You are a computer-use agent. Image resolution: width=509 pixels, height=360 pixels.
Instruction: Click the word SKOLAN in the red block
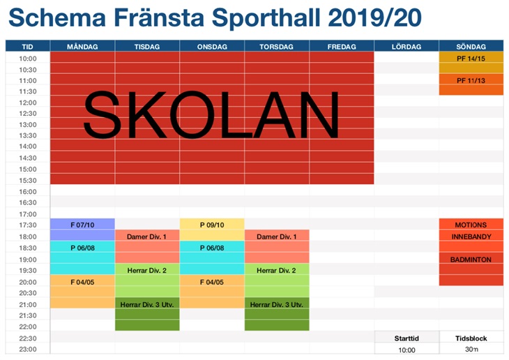pos(211,114)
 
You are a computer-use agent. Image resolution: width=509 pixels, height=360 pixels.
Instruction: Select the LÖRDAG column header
pos(407,47)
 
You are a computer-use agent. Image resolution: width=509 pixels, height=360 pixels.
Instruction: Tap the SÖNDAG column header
pos(471,47)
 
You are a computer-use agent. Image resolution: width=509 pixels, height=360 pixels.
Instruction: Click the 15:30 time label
pos(28,180)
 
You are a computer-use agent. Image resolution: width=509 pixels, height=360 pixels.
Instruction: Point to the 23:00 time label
pos(28,350)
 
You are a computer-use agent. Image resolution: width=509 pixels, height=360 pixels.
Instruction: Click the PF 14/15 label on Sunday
pos(471,59)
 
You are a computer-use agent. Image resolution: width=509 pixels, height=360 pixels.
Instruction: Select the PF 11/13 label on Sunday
pos(471,80)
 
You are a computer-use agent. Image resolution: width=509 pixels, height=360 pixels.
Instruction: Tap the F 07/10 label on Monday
pos(82,225)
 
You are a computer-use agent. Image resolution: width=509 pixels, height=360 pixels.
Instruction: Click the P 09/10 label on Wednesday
pos(212,225)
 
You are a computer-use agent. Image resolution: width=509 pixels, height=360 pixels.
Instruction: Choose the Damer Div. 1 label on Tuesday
pos(146,237)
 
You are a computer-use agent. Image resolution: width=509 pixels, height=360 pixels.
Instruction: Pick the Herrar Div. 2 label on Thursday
pos(276,270)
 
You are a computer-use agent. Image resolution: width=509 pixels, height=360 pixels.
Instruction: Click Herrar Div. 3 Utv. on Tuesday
pos(147,304)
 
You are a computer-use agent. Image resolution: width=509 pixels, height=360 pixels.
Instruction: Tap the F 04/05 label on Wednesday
pos(212,282)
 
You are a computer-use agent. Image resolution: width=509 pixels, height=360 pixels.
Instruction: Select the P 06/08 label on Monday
pos(82,248)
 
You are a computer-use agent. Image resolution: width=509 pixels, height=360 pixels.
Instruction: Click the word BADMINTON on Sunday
pos(471,260)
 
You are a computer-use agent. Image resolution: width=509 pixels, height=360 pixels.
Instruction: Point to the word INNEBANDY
pos(471,237)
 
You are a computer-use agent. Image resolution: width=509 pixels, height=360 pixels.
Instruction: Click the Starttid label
pos(407,338)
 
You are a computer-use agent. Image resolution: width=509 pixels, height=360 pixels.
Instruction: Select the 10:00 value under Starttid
pos(407,350)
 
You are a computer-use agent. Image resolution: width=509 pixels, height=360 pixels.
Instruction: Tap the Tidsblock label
pos(471,338)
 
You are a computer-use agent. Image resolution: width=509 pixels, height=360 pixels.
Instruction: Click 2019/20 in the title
pos(374,17)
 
